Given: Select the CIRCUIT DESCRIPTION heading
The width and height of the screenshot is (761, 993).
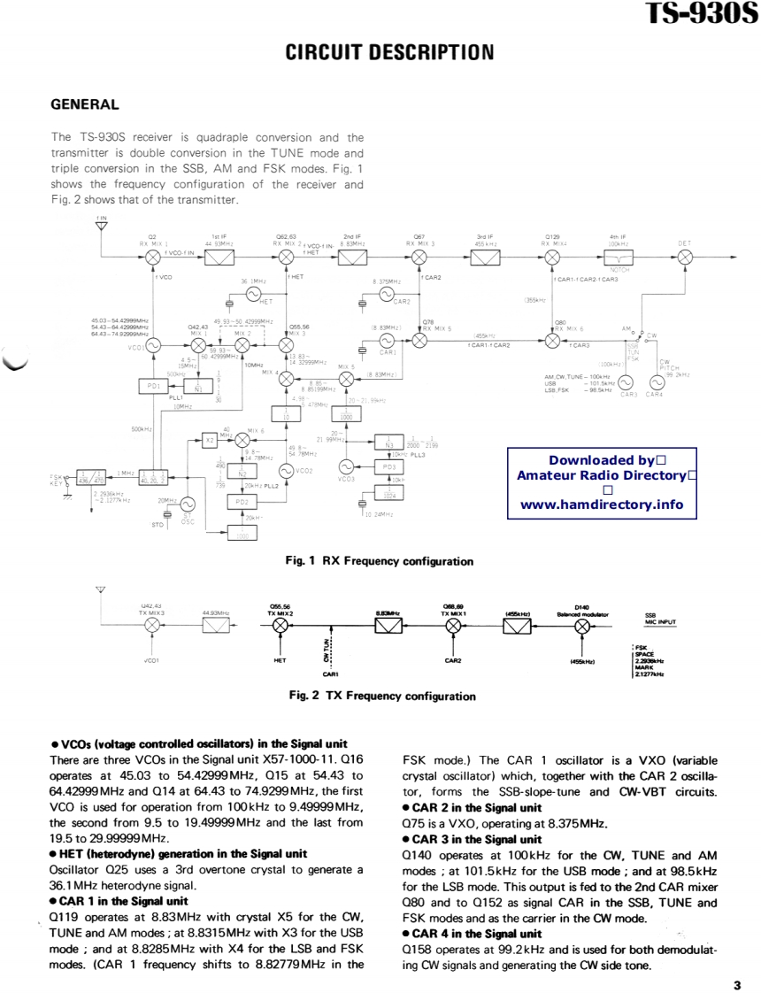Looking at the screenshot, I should click(389, 52).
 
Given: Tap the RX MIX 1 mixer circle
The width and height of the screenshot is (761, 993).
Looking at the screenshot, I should click(151, 257).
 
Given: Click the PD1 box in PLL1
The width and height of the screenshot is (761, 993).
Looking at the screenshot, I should click(151, 386).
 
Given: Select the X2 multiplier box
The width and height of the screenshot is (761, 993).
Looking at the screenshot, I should click(210, 438).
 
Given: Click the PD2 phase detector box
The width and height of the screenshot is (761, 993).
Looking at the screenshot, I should click(241, 502).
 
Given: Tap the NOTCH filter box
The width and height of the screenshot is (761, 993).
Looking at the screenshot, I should click(619, 257).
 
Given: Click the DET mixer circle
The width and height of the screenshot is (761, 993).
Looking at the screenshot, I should click(685, 257).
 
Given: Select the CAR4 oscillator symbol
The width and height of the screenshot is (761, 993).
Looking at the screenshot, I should click(657, 382).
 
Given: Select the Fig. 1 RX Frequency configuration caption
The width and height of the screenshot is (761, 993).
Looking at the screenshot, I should click(379, 561).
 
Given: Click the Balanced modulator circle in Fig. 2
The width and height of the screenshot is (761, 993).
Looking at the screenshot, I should click(581, 625).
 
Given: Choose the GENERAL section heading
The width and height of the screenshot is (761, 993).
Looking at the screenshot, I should click(85, 104).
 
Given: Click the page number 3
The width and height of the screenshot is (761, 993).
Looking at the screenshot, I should click(736, 984).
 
